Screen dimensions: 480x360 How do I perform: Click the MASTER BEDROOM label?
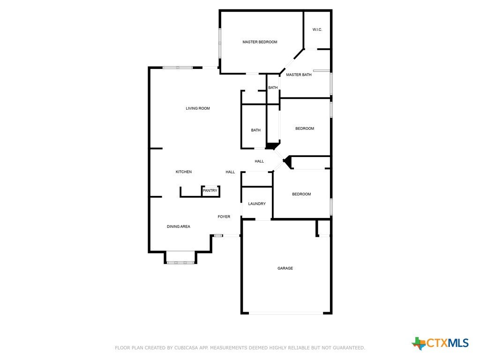[260, 42]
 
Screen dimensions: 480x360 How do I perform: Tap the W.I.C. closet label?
[317, 30]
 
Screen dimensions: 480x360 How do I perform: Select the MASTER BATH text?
[299, 75]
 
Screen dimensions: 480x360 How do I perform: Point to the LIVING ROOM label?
[198, 108]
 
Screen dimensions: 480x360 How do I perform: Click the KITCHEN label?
[184, 172]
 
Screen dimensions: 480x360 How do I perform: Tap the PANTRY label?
[210, 191]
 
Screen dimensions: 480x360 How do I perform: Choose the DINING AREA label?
[179, 226]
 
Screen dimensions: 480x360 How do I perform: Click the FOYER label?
[224, 217]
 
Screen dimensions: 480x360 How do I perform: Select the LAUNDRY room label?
[257, 204]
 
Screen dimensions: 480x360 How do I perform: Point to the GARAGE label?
[285, 269]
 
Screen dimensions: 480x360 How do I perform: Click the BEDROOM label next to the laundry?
[301, 194]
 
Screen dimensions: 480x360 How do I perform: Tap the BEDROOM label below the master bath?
[305, 128]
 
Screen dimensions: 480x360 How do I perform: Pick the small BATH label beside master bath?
[273, 88]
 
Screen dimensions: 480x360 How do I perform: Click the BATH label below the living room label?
[255, 130]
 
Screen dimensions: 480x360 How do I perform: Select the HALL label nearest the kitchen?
[230, 172]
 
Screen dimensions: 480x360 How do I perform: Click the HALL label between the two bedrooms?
[259, 161]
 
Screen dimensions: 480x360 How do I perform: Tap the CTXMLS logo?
[440, 343]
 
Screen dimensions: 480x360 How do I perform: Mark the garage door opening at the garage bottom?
[286, 313]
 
